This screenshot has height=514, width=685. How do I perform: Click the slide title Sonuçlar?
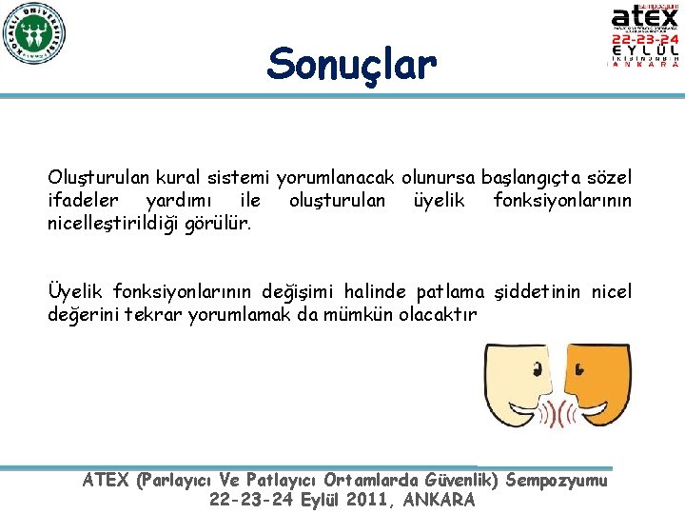click(351, 65)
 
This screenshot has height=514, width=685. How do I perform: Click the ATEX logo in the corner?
click(645, 36)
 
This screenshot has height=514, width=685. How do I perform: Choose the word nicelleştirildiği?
click(108, 222)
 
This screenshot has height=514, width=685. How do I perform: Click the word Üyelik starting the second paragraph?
click(76, 291)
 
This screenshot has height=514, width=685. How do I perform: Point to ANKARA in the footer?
click(439, 501)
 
